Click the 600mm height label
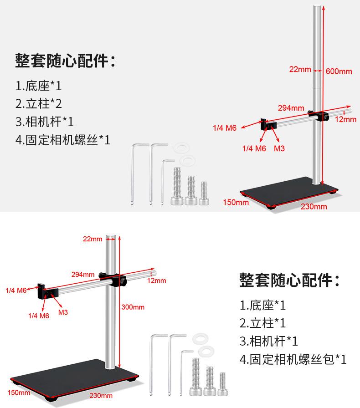point(339,71)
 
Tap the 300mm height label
point(133,307)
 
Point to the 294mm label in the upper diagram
point(291,108)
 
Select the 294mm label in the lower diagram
point(83,274)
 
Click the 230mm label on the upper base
point(314,206)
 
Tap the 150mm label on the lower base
point(19,393)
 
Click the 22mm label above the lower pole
point(93,239)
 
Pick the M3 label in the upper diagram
point(279,148)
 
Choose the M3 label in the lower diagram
point(63,313)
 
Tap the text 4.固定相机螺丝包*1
point(293,359)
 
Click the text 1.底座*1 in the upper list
point(38,86)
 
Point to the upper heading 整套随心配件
point(65,61)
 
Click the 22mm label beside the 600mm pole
point(300,69)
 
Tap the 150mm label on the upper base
point(236,202)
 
